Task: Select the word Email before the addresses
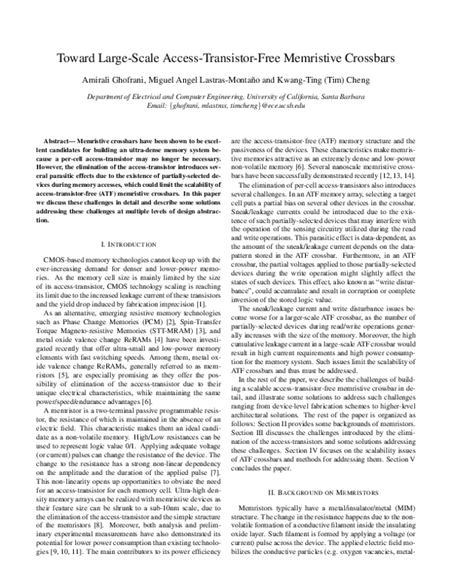(x=158, y=106)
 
